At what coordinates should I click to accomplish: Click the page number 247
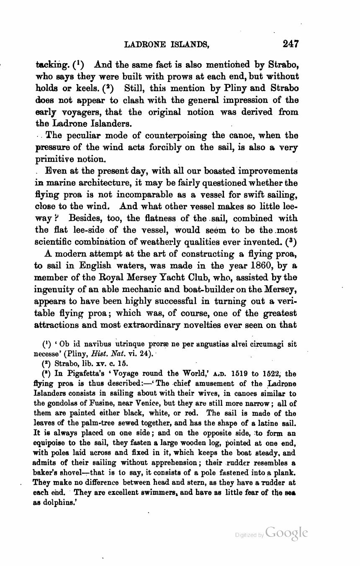tap(290, 44)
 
